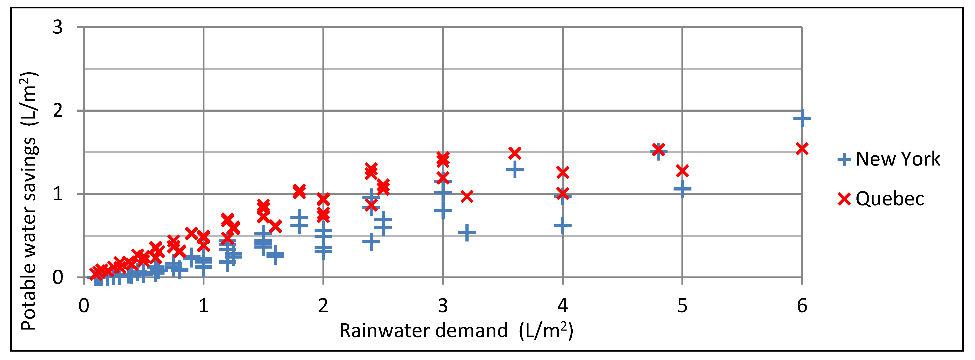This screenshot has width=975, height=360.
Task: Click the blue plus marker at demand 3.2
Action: pyautogui.click(x=467, y=233)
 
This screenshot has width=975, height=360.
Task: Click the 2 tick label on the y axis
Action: pyautogui.click(x=58, y=111)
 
